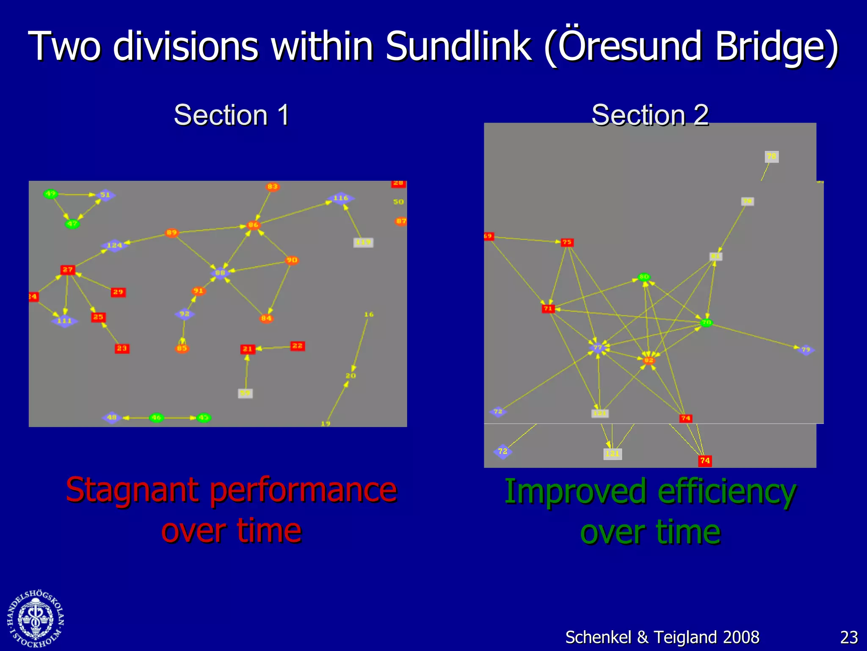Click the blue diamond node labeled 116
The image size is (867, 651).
point(341,198)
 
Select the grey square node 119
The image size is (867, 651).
point(363,242)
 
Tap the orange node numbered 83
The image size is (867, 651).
point(273,186)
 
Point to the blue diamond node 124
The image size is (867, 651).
point(114,245)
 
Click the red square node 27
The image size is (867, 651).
point(68,270)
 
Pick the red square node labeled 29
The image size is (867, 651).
point(118,292)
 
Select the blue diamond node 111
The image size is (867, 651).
point(64,321)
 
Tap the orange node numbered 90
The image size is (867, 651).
point(292,260)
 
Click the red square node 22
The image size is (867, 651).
point(297,346)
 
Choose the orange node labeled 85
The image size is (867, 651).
point(182,348)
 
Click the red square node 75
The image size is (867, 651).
point(567,242)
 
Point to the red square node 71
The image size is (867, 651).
point(548,309)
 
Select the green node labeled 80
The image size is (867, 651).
point(644,277)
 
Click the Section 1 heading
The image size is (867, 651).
point(232,115)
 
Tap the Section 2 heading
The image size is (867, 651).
point(650,115)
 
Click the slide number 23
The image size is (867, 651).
point(848,637)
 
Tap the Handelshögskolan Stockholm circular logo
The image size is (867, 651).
point(36,619)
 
